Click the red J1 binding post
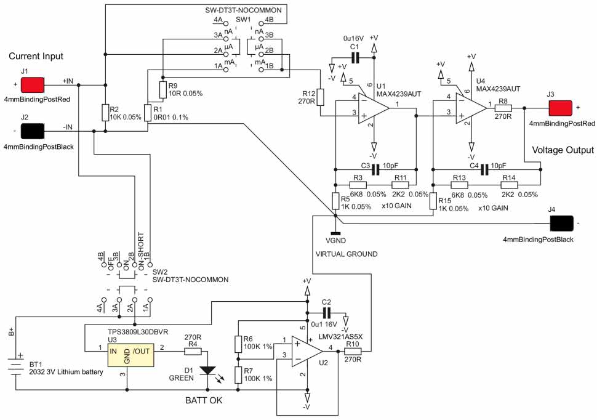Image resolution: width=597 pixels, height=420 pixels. [34, 83]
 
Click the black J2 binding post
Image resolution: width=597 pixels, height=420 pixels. [34, 131]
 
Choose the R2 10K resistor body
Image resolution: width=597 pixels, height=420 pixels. [105, 112]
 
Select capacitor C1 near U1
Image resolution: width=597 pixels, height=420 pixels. [354, 58]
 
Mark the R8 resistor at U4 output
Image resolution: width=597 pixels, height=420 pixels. [503, 108]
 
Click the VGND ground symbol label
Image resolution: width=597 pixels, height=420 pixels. [335, 241]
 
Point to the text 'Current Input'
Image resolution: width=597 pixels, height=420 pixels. [36, 57]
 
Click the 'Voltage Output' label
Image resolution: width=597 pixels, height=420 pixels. [563, 150]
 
